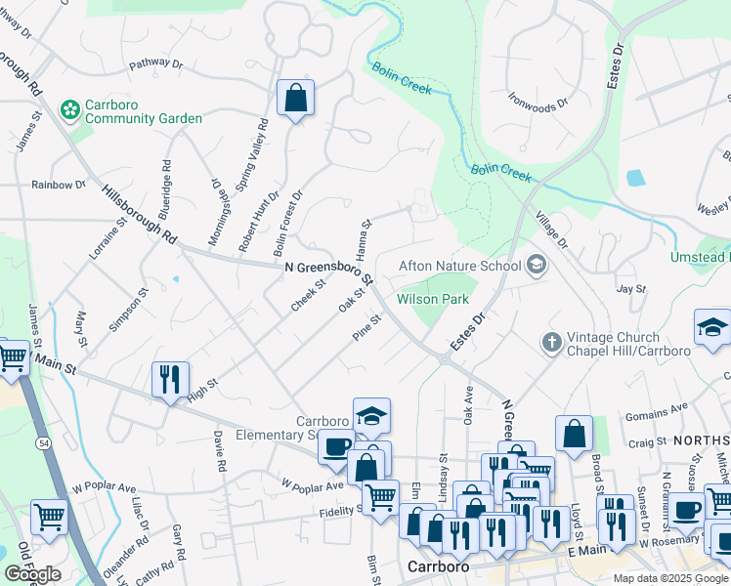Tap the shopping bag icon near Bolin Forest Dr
click(294, 99)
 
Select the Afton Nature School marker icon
click(536, 266)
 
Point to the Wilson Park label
click(433, 300)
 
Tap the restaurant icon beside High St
click(170, 379)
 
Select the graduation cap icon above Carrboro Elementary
click(371, 415)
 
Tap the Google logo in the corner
click(32, 573)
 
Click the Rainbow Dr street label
click(59, 185)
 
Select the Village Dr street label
click(552, 230)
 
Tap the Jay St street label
click(632, 288)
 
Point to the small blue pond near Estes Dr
click(635, 179)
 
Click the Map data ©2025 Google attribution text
click(671, 578)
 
